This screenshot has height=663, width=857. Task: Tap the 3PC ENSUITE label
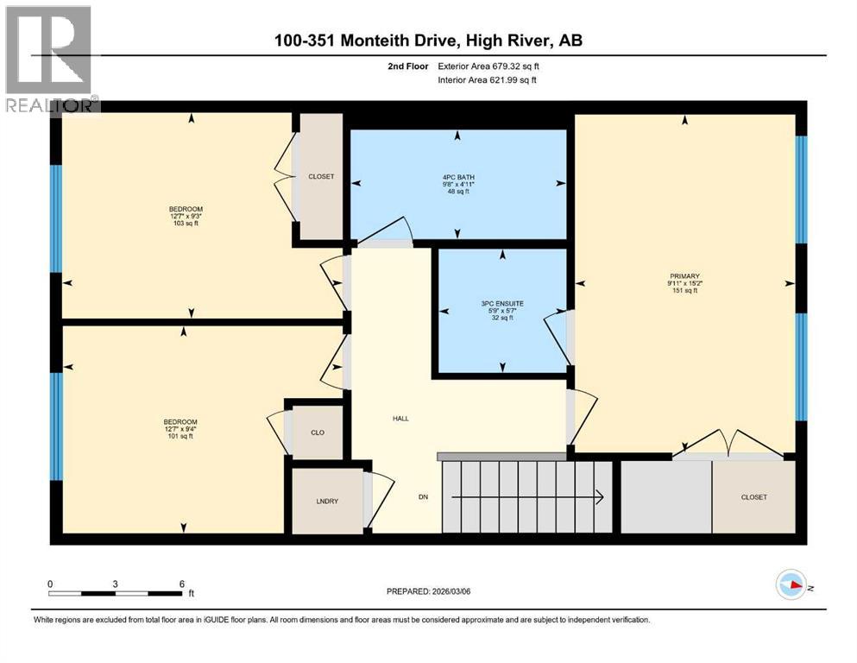click(502, 304)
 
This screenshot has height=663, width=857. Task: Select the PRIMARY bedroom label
click(683, 275)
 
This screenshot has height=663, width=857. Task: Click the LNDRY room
click(326, 501)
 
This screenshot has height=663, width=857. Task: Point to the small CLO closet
click(317, 432)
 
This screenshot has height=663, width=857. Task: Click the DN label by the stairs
click(423, 496)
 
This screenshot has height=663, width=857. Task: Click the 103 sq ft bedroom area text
click(186, 224)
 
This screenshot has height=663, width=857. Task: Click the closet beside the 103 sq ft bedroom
click(320, 176)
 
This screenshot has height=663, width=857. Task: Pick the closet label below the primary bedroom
click(753, 497)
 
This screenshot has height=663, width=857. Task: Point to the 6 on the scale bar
click(181, 584)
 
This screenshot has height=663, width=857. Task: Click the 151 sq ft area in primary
click(683, 290)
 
